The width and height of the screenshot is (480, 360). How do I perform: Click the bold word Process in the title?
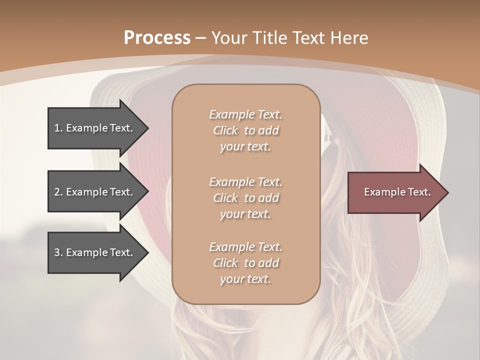pyautogui.click(x=157, y=38)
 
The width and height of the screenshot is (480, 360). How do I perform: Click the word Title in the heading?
pyautogui.click(x=269, y=38)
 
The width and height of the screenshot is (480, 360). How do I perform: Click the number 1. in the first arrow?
pyautogui.click(x=58, y=128)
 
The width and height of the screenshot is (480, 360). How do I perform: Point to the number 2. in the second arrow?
pyautogui.click(x=58, y=192)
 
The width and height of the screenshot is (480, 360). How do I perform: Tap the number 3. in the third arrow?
pyautogui.click(x=58, y=252)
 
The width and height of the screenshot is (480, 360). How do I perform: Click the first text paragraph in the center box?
pyautogui.click(x=245, y=130)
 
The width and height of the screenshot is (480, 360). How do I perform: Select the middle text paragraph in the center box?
pyautogui.click(x=245, y=198)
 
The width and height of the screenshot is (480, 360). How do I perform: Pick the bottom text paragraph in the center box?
pyautogui.click(x=245, y=263)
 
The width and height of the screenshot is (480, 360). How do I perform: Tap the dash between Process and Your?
pyautogui.click(x=200, y=38)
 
